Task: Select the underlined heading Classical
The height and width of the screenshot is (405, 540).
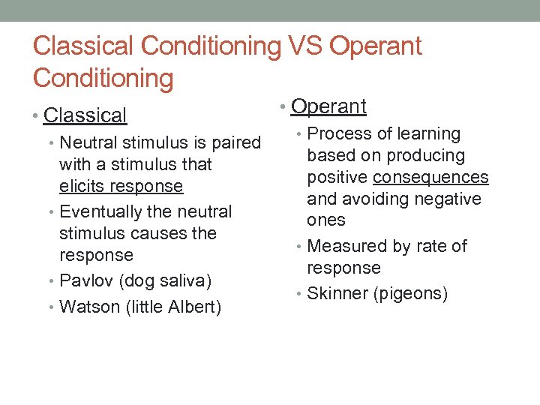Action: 85,115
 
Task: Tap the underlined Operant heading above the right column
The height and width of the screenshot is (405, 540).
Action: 328,106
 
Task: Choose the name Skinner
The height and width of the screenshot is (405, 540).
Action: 337,294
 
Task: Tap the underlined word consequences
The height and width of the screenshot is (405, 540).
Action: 430,178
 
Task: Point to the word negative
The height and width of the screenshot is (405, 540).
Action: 448,199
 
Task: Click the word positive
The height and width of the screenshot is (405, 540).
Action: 337,178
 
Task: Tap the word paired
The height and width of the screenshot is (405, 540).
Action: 236,142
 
